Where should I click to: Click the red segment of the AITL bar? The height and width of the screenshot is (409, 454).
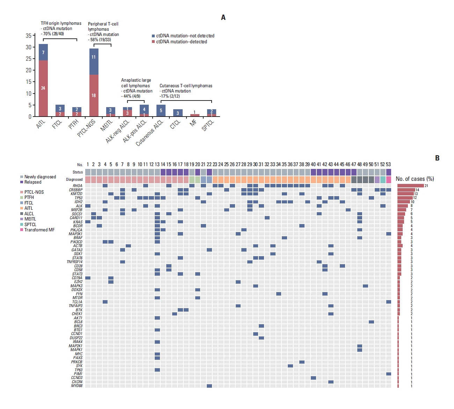click(43, 88)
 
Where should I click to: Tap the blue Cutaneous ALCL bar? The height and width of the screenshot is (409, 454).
click(161, 111)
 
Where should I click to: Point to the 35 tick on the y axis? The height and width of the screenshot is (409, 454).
click(29, 36)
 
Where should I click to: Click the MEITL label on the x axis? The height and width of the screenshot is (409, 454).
click(107, 125)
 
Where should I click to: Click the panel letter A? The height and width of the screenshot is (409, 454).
click(223, 17)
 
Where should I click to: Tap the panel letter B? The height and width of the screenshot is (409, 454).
click(437, 158)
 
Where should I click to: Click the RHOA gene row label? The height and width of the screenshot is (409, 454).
click(78, 186)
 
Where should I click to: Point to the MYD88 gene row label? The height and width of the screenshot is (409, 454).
click(77, 386)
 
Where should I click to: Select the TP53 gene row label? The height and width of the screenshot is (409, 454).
click(78, 198)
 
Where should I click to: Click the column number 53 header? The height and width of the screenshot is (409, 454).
click(388, 164)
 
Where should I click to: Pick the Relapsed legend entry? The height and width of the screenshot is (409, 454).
click(33, 182)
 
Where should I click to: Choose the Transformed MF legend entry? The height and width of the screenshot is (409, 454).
click(39, 230)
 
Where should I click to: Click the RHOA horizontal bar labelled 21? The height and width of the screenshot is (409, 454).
click(410, 186)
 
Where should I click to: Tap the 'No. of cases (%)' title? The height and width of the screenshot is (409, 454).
click(415, 179)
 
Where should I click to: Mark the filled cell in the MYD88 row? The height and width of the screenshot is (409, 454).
click(209, 386)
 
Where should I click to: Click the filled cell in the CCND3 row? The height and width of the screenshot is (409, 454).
click(313, 378)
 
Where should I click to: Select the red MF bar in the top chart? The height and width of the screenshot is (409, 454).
click(195, 115)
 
